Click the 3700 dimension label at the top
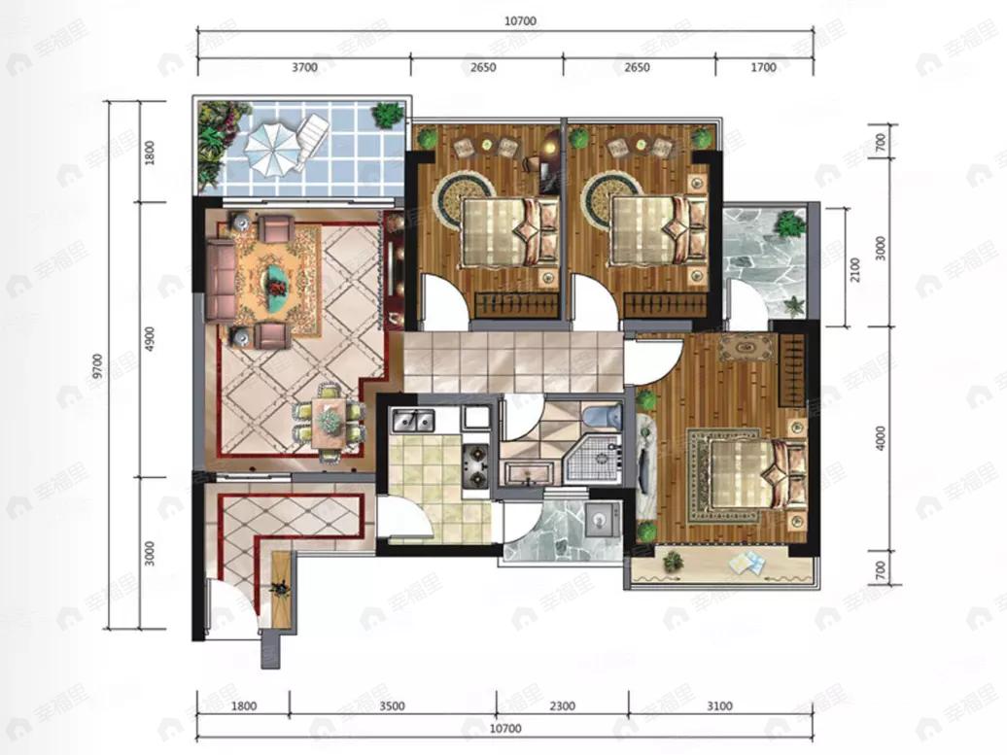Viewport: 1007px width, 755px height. coord(304,67)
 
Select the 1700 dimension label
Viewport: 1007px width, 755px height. coord(764,67)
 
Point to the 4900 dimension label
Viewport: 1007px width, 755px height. coord(149,339)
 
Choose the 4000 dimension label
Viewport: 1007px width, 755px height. coord(881,437)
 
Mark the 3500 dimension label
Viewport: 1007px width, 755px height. coord(392,706)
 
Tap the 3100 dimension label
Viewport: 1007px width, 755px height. coord(720,706)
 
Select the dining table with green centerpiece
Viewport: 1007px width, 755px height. coord(330,422)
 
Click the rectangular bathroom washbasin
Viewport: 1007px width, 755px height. coord(528,474)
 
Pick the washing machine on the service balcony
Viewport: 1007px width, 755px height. coord(601,517)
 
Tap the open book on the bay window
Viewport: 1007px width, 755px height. coord(747,563)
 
